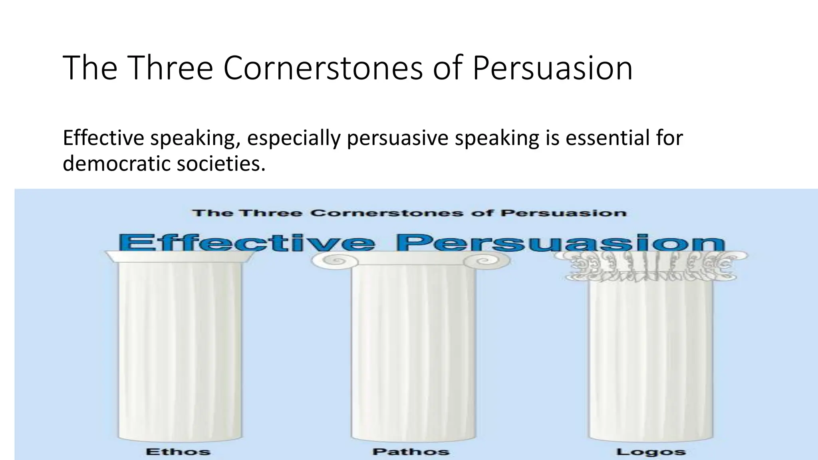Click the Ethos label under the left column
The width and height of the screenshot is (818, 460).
tap(178, 452)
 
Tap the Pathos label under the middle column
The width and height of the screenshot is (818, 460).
tap(411, 452)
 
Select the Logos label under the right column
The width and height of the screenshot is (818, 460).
tap(651, 452)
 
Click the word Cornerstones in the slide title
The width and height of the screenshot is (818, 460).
tap(323, 68)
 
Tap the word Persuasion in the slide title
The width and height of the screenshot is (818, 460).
tap(552, 68)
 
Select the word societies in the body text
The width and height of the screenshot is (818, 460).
tap(221, 163)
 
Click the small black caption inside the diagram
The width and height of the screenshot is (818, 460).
tap(409, 213)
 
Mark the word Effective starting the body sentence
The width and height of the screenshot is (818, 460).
tap(103, 138)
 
